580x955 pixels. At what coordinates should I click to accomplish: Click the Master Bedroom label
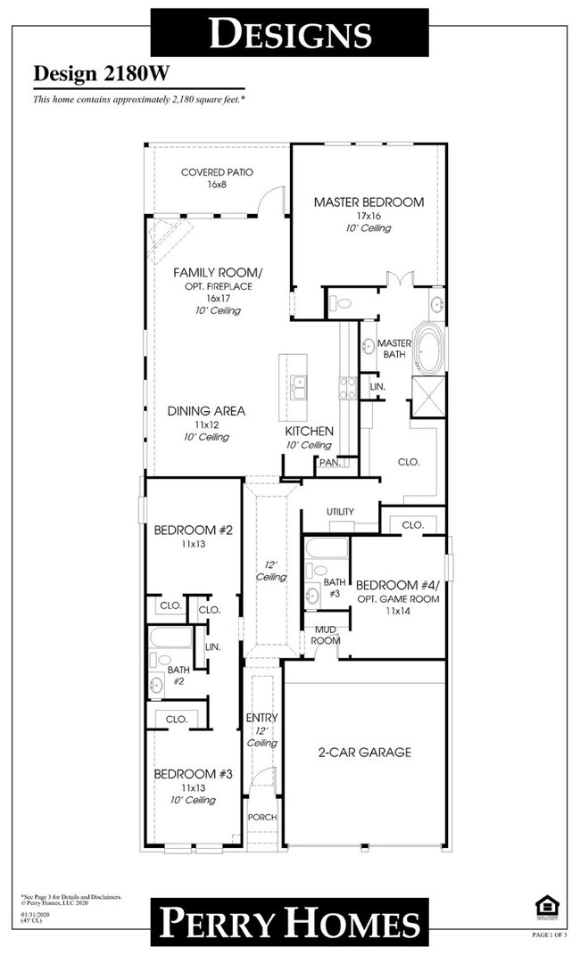[x=369, y=202]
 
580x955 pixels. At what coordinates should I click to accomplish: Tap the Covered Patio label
[x=217, y=172]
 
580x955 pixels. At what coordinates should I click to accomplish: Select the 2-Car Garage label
[x=364, y=752]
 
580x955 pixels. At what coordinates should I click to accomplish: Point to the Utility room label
[x=340, y=512]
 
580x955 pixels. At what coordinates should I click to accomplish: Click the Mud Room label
[x=325, y=635]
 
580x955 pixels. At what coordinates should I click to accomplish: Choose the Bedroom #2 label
[x=193, y=530]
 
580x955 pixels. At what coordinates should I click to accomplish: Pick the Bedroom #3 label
[x=193, y=774]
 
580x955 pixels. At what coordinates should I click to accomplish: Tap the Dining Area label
[x=206, y=411]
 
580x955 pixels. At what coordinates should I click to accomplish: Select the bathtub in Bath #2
[x=170, y=638]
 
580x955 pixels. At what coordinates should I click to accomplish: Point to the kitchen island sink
[x=299, y=387]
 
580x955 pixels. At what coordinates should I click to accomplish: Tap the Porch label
[x=262, y=818]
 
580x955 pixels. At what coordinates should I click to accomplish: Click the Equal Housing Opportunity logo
[x=545, y=908]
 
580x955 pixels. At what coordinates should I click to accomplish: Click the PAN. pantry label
[x=327, y=463]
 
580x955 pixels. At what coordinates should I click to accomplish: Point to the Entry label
[x=261, y=718]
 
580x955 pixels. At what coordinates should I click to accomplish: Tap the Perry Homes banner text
[x=289, y=922]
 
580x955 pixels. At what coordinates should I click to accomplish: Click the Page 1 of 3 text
[x=550, y=934]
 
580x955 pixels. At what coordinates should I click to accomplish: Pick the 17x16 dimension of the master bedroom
[x=369, y=216]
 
